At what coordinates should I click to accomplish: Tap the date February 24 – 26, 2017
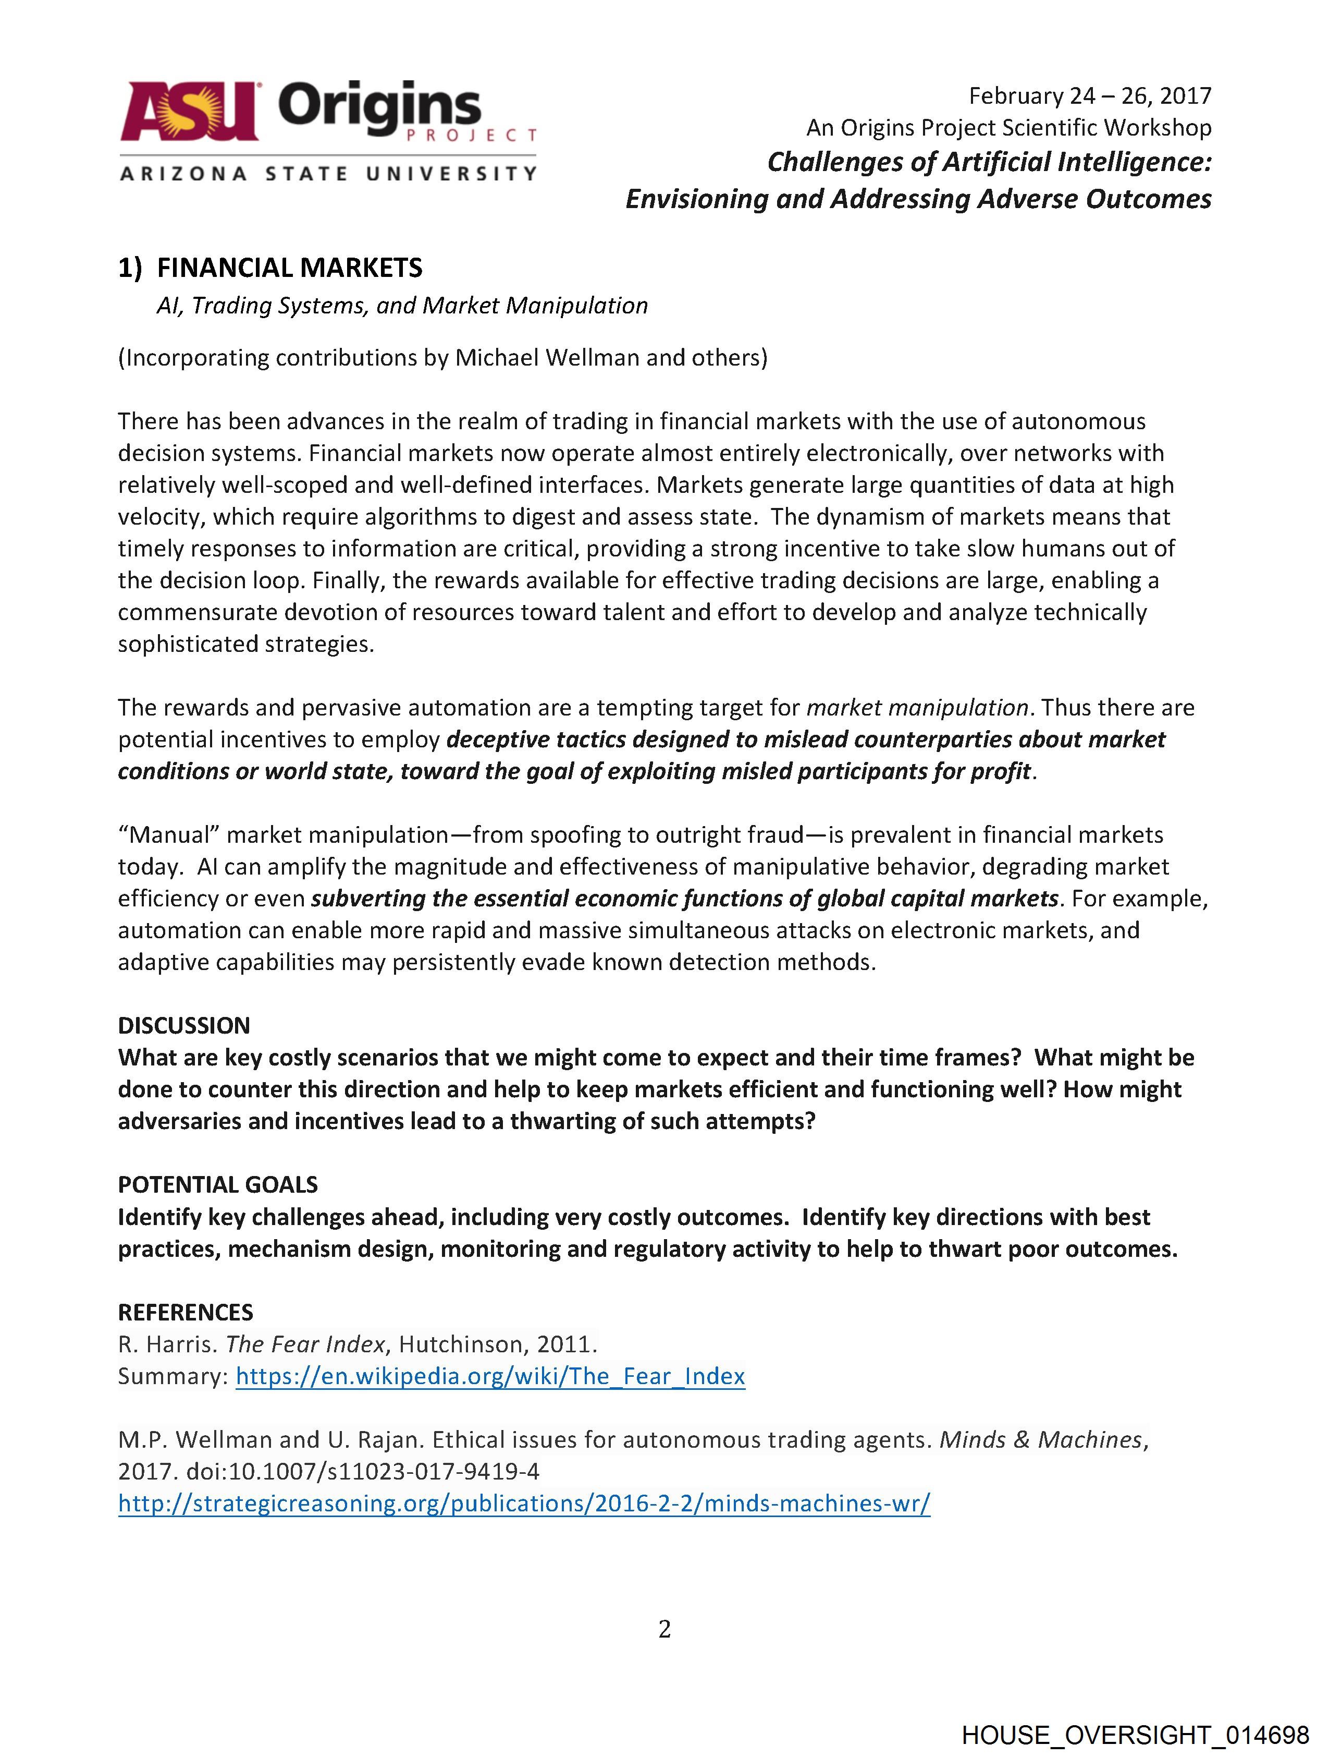[1089, 96]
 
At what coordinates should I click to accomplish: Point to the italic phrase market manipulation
[917, 708]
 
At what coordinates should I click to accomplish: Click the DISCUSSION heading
[183, 1025]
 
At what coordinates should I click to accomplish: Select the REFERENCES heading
[185, 1312]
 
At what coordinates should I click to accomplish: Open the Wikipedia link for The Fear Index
[490, 1376]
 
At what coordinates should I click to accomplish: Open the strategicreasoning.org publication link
[523, 1503]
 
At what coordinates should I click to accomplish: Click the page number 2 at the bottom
[664, 1629]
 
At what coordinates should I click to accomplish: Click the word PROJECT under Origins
[472, 136]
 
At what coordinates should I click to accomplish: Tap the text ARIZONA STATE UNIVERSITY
[328, 173]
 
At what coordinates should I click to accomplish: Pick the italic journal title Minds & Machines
[1040, 1439]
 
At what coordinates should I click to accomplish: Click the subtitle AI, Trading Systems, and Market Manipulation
[402, 306]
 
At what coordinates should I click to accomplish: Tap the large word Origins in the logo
[379, 108]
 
